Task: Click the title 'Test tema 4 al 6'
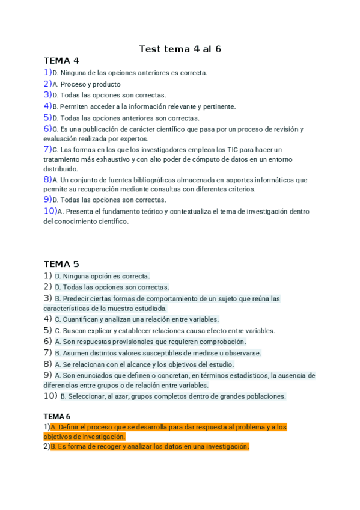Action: [180, 49]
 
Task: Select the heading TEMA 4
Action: [61, 61]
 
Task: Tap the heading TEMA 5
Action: [61, 264]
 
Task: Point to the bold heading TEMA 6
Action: [57, 416]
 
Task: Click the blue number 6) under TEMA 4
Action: [47, 129]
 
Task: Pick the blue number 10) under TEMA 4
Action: [50, 211]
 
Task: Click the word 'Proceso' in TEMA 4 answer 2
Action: [74, 85]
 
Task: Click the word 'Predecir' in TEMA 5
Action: [76, 299]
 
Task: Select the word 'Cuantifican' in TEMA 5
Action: [80, 319]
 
